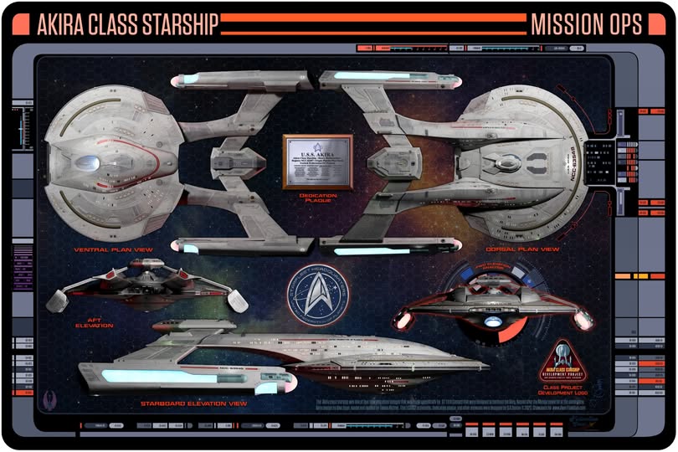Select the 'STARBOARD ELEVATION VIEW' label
194,404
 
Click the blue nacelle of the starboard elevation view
176,377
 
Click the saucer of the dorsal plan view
523,159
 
